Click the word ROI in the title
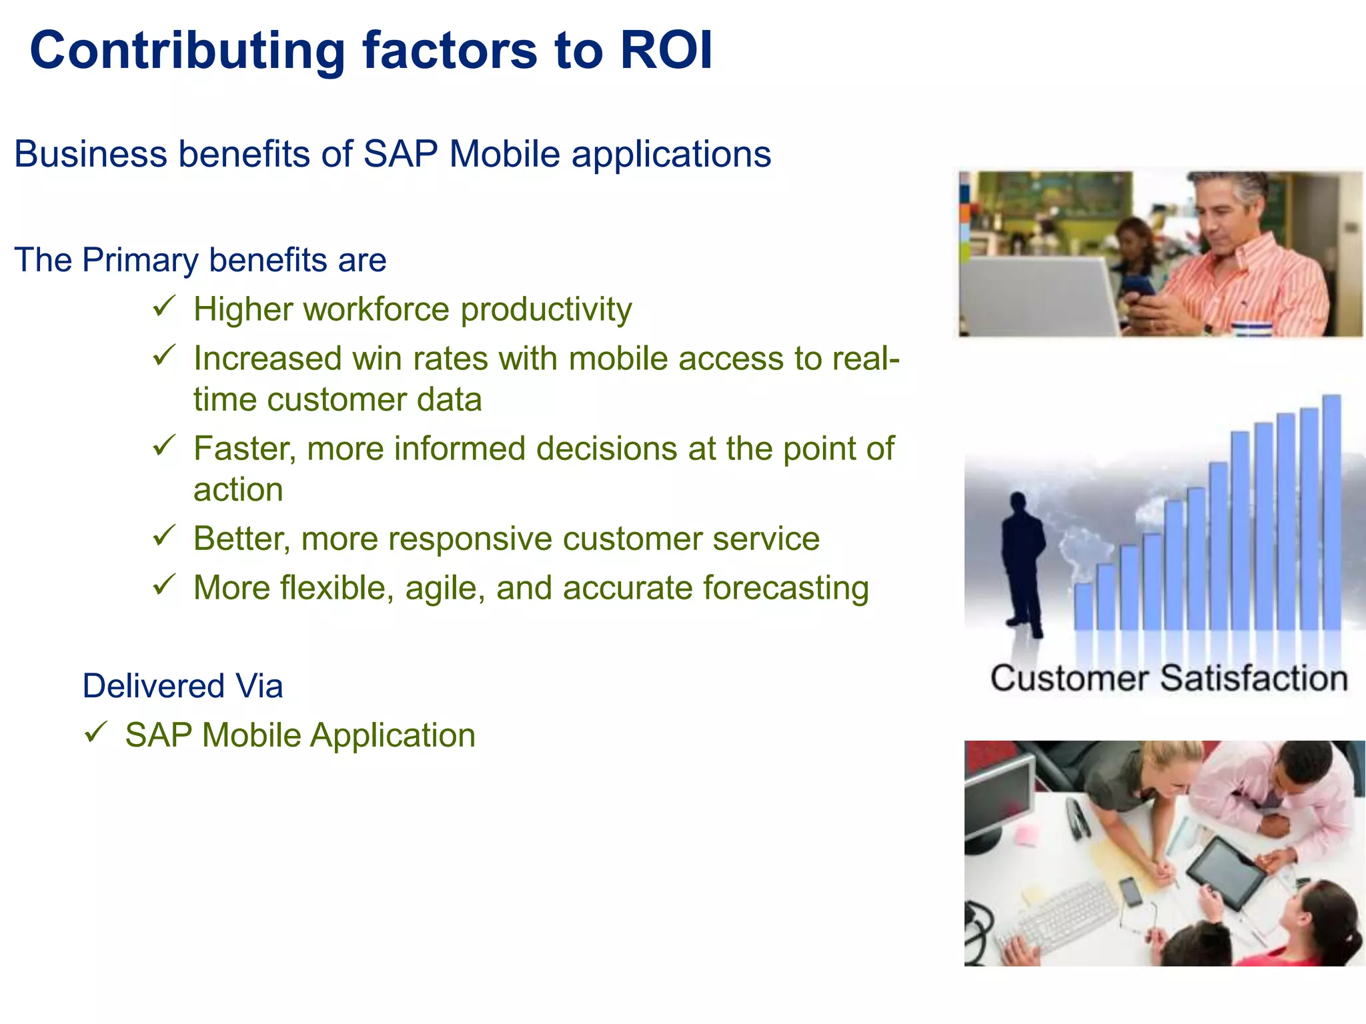tap(666, 51)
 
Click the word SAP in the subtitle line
tap(400, 155)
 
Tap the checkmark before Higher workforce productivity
tap(163, 307)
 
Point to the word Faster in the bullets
tap(244, 449)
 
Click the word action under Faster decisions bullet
tap(238, 490)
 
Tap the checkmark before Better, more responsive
tap(163, 535)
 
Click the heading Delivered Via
tap(182, 686)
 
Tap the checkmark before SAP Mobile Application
tap(95, 733)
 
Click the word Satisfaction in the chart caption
tap(1253, 679)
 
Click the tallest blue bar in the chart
tap(1331, 513)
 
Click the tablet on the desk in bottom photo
tap(1226, 871)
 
